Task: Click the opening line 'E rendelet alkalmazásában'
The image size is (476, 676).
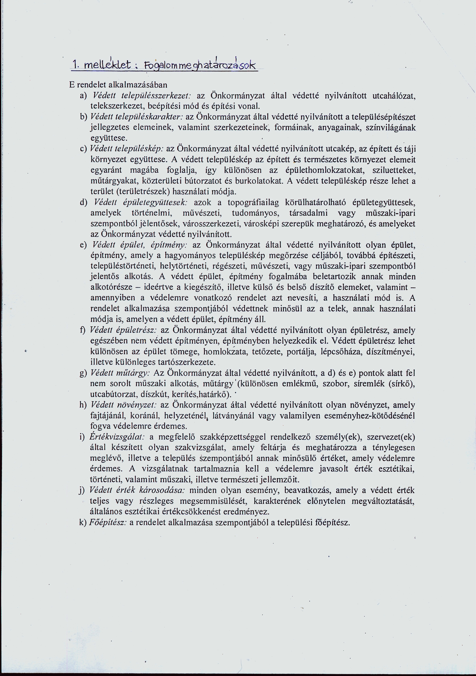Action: pos(118,85)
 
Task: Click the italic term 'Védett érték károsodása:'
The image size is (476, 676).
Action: pos(137,490)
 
